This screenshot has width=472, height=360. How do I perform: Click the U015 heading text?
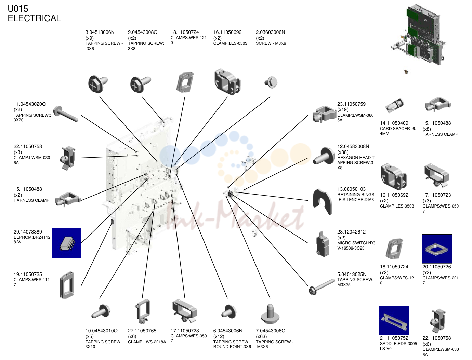18,9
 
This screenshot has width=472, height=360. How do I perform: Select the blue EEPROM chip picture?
67,243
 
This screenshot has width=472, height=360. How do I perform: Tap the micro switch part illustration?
322,244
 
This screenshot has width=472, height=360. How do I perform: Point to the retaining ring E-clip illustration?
322,202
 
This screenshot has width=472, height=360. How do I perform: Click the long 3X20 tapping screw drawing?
66,114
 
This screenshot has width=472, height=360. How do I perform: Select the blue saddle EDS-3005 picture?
394,320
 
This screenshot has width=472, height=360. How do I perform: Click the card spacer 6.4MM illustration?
395,106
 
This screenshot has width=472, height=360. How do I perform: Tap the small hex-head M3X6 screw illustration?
271,82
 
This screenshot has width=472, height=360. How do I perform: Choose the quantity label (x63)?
261,336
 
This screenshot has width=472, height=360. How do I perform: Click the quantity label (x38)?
343,152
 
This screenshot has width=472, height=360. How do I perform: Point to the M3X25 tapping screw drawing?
322,287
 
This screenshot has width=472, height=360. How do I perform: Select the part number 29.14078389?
28,232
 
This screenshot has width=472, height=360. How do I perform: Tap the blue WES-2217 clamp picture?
437,249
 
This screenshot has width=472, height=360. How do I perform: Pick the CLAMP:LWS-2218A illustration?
142,311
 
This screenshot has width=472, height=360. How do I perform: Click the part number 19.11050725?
28,274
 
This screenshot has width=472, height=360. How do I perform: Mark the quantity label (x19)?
343,109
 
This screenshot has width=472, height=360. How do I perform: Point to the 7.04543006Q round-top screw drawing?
270,314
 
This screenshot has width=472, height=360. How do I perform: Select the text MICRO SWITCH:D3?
356,243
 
